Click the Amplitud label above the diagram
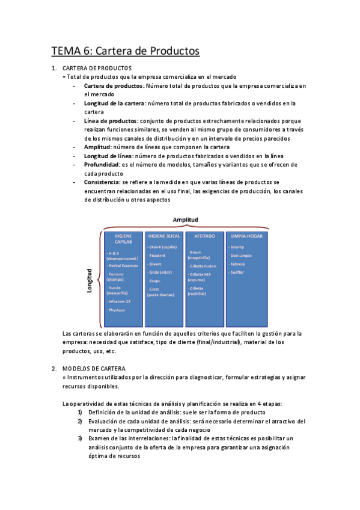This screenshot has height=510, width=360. pyautogui.click(x=185, y=220)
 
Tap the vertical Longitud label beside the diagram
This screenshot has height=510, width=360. pyautogui.click(x=90, y=280)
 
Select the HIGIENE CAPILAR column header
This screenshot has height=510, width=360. pyautogui.click(x=123, y=239)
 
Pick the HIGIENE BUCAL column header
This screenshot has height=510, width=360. pyautogui.click(x=163, y=236)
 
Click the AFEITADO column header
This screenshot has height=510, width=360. pyautogui.click(x=205, y=236)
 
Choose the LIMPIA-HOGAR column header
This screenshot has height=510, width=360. pyautogui.click(x=245, y=236)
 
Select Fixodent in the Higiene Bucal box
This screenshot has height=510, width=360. pyautogui.click(x=158, y=255)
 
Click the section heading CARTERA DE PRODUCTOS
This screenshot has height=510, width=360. pyautogui.click(x=97, y=68)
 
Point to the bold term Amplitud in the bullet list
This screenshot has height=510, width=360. pyautogui.click(x=97, y=147)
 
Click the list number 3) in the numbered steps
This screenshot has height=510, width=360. pyautogui.click(x=80, y=438)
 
